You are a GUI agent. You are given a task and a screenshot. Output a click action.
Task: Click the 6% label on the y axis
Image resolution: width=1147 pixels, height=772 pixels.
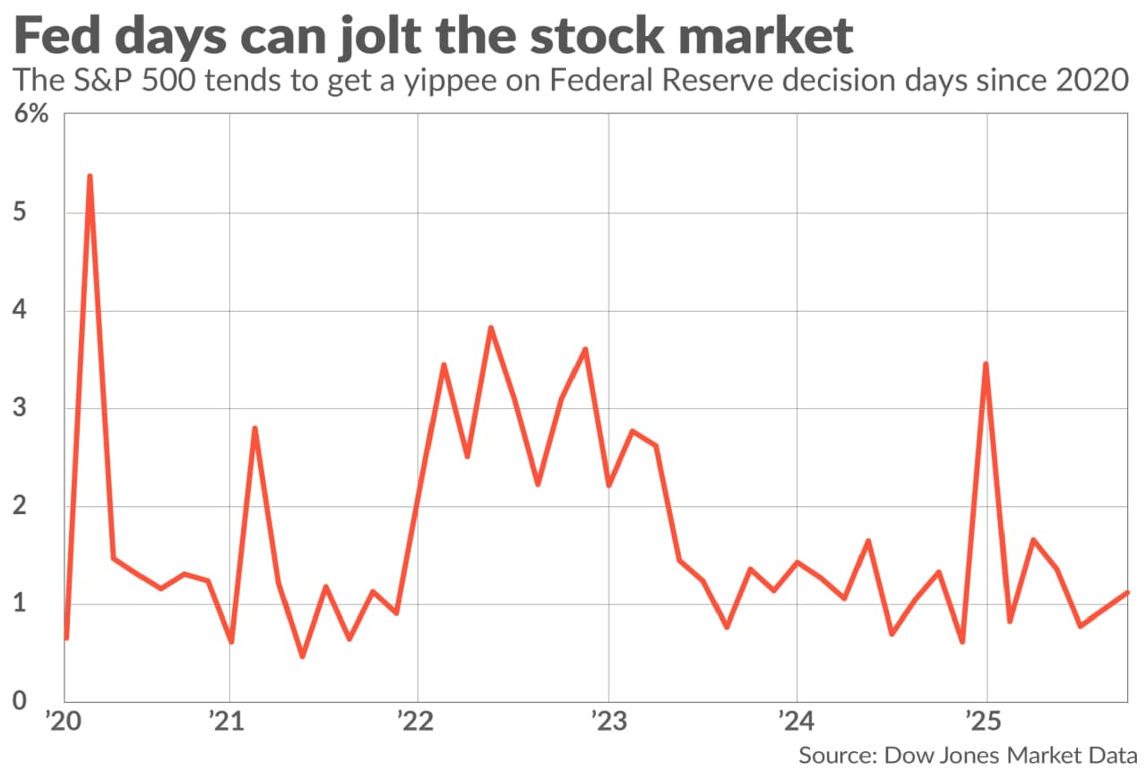31,114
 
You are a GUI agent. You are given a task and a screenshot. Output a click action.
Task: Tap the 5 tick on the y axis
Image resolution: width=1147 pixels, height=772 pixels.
19,212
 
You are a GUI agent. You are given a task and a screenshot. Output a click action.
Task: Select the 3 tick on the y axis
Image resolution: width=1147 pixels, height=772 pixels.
19,408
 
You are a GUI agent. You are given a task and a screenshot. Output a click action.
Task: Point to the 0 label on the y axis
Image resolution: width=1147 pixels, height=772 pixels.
19,701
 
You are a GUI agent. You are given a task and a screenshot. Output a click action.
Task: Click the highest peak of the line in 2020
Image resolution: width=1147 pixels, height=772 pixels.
90,176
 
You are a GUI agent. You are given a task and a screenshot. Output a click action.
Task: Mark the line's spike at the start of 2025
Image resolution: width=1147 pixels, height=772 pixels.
986,364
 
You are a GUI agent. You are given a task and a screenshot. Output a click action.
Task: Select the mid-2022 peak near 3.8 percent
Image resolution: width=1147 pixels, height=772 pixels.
491,328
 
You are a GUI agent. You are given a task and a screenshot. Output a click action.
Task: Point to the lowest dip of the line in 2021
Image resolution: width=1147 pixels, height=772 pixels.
302,656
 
